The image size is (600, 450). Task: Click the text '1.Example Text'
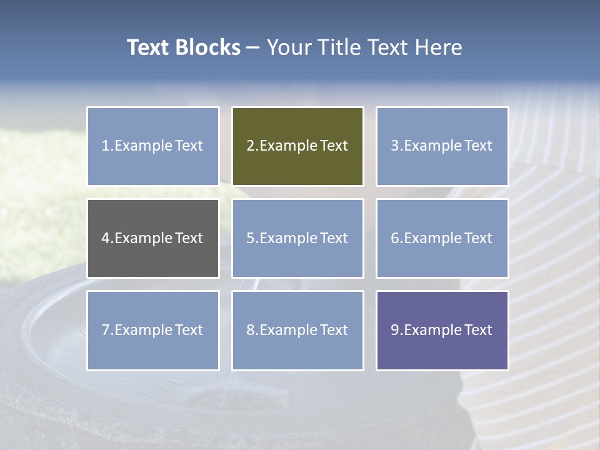point(152,146)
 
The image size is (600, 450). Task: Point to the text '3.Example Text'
point(442,146)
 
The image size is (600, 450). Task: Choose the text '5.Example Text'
point(297,238)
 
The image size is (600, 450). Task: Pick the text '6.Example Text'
point(442,238)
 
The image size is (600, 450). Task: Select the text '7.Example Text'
point(152,330)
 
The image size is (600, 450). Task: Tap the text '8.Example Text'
point(297,330)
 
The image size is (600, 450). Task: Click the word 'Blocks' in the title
point(208,47)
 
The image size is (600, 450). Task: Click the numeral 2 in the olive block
point(251,146)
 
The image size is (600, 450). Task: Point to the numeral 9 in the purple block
point(395,331)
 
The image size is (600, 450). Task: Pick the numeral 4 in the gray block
point(106,239)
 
